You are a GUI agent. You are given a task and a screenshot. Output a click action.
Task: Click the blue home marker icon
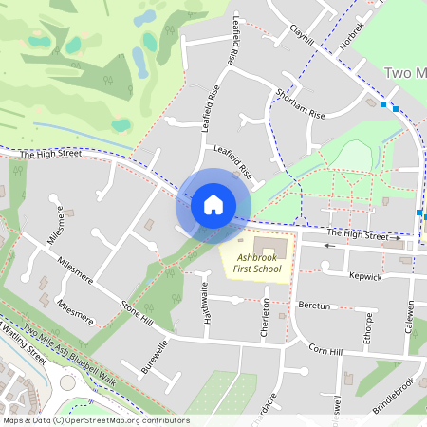[213, 204]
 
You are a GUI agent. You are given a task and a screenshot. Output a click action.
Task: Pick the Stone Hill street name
[137, 313]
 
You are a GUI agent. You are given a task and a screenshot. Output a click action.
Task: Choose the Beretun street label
[313, 306]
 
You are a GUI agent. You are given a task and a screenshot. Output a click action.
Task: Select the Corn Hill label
[324, 351]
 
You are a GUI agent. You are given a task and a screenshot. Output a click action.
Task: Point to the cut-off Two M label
[405, 72]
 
